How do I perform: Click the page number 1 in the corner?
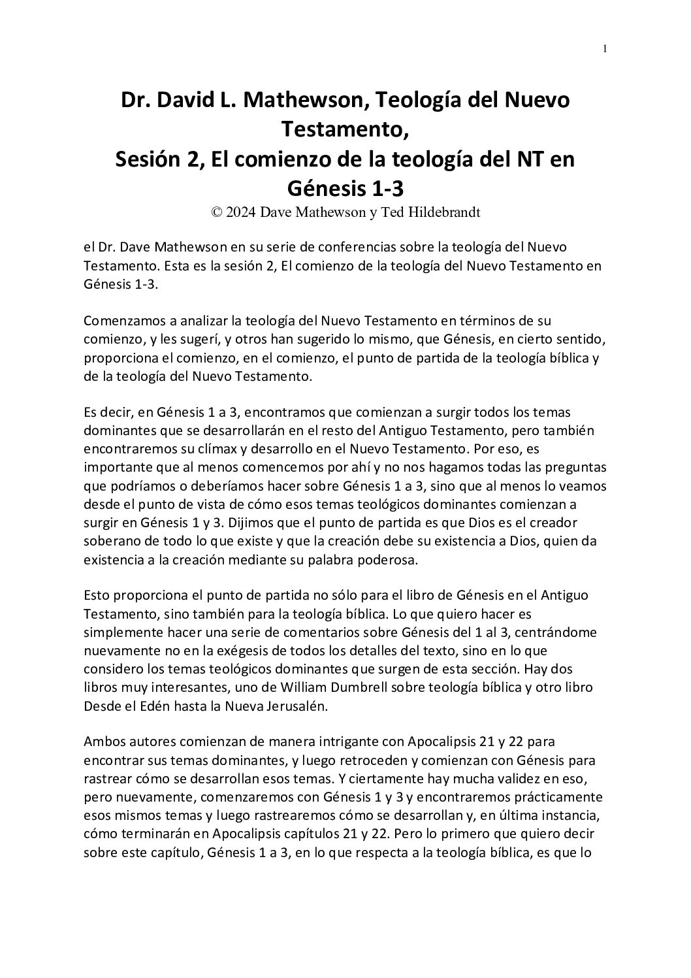pyautogui.click(x=605, y=48)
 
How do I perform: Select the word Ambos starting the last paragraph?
pyautogui.click(x=104, y=743)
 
